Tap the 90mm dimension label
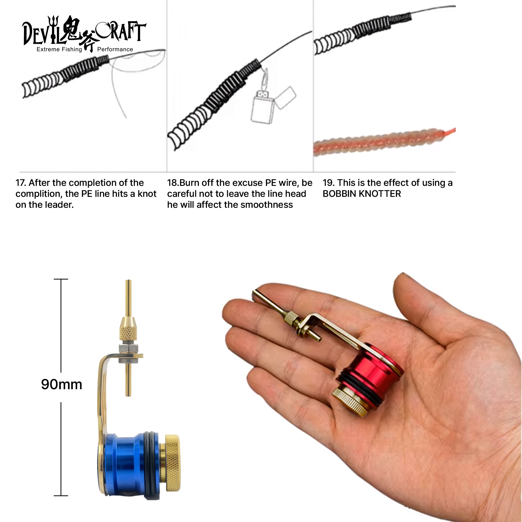point(62,384)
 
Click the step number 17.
point(21,183)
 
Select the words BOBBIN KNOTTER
point(362,194)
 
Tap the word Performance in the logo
point(115,49)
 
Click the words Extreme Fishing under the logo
point(59,49)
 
